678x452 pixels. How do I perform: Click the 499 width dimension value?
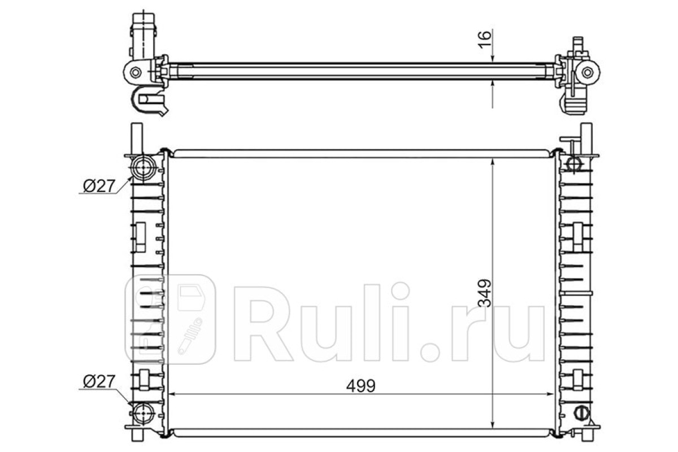tap(361, 386)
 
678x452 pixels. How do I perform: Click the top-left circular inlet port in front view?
tap(144, 167)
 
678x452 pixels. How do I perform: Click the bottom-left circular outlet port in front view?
tap(143, 414)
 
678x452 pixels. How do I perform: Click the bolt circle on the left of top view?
tap(135, 72)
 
